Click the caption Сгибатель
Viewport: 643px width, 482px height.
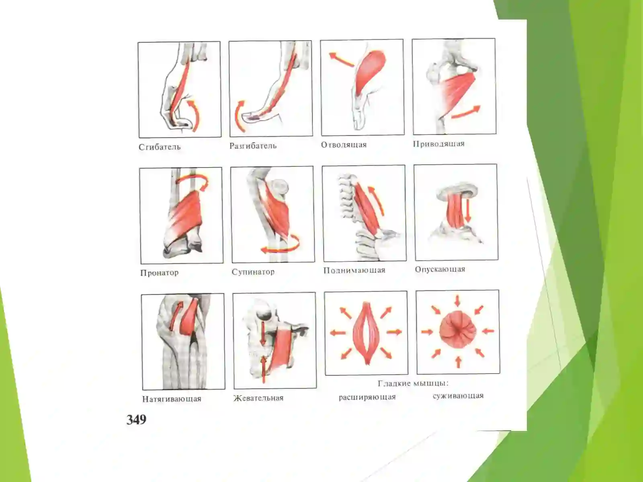(160, 147)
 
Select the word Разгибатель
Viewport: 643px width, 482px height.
(253, 146)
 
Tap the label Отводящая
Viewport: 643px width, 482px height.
(344, 145)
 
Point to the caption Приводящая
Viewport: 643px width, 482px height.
(439, 144)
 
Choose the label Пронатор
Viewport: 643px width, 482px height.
(160, 273)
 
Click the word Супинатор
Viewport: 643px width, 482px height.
(253, 272)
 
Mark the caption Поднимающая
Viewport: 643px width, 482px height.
(354, 270)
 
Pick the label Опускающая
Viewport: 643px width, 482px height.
(440, 269)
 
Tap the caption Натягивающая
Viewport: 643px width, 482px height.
(172, 399)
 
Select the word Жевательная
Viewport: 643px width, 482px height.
(258, 398)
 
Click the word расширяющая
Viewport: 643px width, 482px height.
(367, 397)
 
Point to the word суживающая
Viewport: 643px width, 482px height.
(458, 396)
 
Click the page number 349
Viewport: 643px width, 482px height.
(136, 420)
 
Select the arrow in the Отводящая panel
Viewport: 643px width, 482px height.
(342, 59)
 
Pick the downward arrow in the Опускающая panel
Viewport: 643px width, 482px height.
(468, 210)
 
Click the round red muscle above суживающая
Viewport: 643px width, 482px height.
(458, 330)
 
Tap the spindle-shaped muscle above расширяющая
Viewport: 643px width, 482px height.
(366, 333)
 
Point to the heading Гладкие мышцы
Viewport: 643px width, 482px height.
(413, 383)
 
